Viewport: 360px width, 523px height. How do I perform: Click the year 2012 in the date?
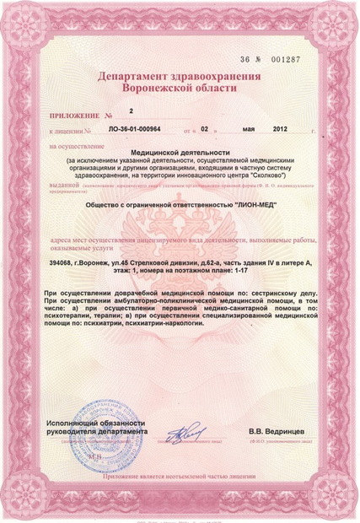click(281, 132)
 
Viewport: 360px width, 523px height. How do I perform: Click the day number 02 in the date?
click(203, 132)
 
